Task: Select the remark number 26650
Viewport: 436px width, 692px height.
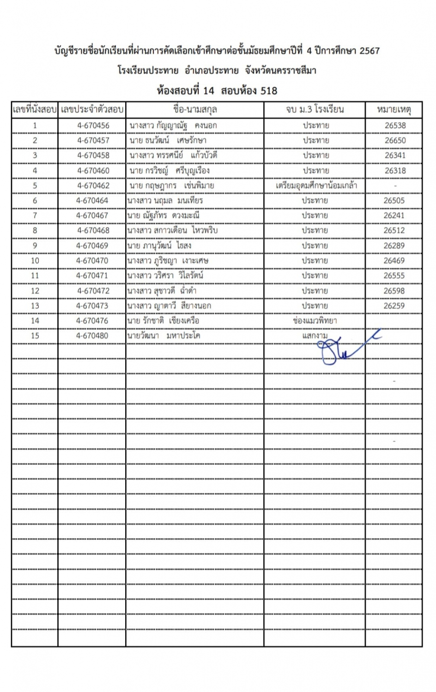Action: pyautogui.click(x=395, y=140)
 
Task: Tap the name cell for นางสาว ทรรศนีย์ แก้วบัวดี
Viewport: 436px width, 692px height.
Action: pyautogui.click(x=173, y=155)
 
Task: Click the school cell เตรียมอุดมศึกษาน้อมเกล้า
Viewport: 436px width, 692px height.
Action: pyautogui.click(x=316, y=185)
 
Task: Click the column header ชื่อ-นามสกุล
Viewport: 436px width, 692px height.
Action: pyautogui.click(x=195, y=110)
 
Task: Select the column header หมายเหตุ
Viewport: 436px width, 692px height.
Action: pyautogui.click(x=394, y=110)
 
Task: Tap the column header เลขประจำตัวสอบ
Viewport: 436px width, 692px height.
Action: pyautogui.click(x=92, y=110)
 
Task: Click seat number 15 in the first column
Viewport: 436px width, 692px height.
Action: pyautogui.click(x=35, y=335)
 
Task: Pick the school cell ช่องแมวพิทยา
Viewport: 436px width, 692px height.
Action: pyautogui.click(x=315, y=321)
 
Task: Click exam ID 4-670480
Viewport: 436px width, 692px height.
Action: pyautogui.click(x=92, y=335)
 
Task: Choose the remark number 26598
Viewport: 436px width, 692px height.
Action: pyautogui.click(x=394, y=291)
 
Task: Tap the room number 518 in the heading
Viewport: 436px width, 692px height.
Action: pyautogui.click(x=269, y=90)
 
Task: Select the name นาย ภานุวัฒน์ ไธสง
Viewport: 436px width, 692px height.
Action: pyautogui.click(x=159, y=245)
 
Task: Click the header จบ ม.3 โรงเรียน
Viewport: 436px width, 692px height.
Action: pyautogui.click(x=315, y=110)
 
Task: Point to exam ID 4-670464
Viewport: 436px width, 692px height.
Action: pyautogui.click(x=92, y=201)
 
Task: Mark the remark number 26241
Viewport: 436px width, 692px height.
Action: pyautogui.click(x=394, y=215)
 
